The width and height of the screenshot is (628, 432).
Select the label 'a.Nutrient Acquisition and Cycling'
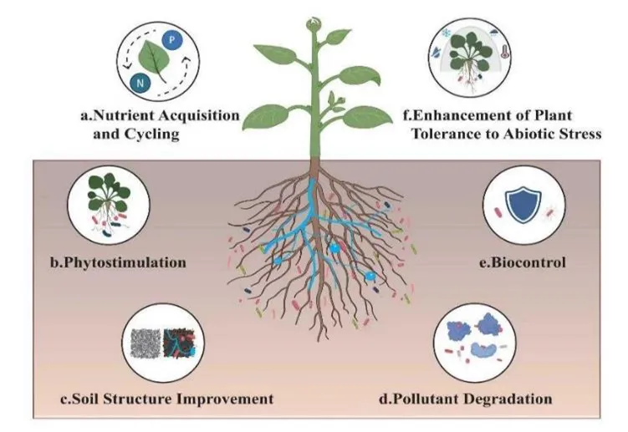coord(161,124)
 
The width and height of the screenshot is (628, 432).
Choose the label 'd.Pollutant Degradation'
coord(466,399)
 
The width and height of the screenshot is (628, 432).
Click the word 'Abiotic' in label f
coord(523,133)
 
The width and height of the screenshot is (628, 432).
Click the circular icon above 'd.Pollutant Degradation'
coord(470,343)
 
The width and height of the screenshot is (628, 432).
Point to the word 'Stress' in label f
coord(579,133)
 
